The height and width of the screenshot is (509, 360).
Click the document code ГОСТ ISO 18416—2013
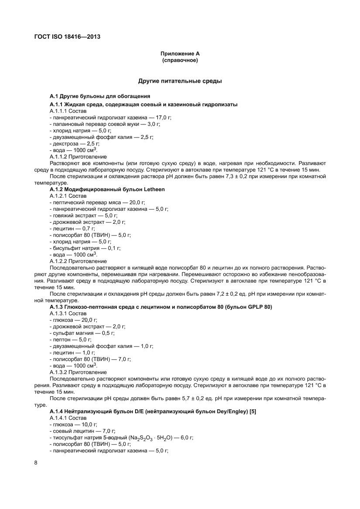(67, 37)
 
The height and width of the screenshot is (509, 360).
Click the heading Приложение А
(180, 54)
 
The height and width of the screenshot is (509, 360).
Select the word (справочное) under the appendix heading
(180, 61)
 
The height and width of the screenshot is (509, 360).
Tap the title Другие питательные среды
(180, 81)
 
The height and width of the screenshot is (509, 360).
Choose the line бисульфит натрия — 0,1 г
(85, 248)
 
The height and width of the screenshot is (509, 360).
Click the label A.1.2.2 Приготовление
(78, 261)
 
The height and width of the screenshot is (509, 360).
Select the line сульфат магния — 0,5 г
(82, 333)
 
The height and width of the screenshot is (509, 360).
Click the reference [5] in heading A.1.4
(252, 411)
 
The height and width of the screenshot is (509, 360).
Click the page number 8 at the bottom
(36, 462)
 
